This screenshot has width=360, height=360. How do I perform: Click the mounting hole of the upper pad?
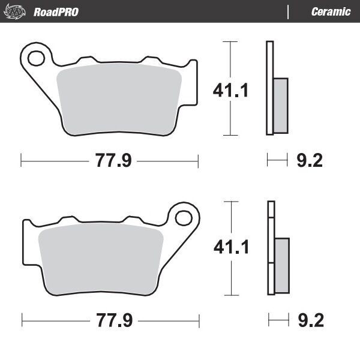pos(36,58)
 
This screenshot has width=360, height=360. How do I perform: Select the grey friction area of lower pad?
pos(99,255)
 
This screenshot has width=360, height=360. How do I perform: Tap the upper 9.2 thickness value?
pos(310,161)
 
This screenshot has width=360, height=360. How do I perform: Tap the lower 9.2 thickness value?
pos(310,320)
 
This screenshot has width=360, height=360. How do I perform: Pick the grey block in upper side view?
pos(280,104)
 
